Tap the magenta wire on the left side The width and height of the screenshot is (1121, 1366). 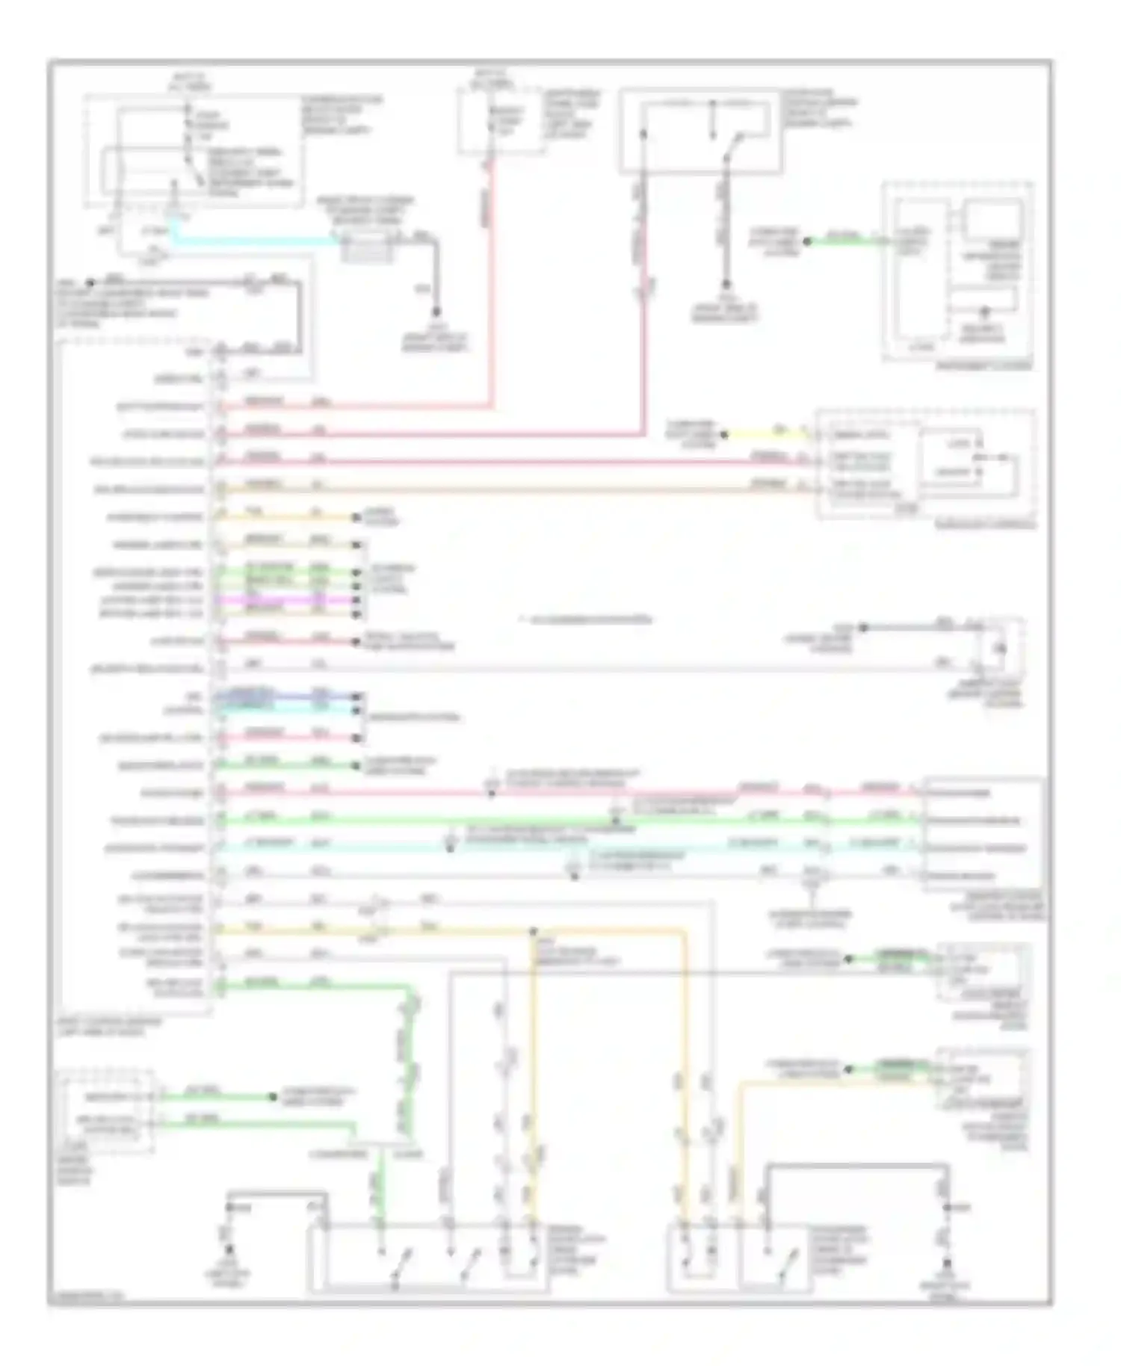(284, 599)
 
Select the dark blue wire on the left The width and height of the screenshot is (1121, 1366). (284, 696)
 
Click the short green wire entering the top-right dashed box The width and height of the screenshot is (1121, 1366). (844, 241)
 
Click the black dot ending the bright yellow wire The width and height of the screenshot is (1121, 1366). (723, 434)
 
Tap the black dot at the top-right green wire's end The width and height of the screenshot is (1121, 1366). (806, 241)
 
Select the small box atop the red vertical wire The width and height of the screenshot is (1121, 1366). (500, 120)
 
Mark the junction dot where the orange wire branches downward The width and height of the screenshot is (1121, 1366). (534, 932)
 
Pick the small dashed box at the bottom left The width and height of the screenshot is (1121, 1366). (108, 1112)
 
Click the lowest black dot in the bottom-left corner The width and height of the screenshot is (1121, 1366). (229, 1249)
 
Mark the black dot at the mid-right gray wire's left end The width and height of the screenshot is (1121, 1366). (863, 627)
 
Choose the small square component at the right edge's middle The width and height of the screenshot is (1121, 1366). (1002, 648)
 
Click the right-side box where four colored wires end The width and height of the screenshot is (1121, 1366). (983, 833)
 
